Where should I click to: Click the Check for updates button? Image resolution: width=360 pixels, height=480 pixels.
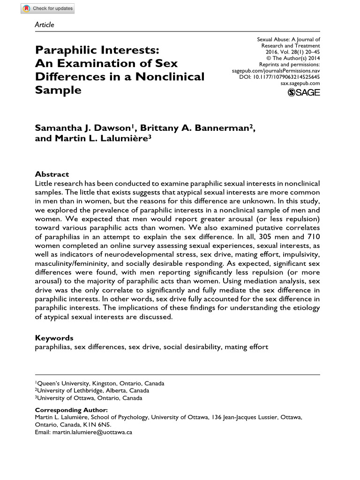coord(48,9)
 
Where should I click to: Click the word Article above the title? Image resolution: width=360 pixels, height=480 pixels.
coord(45,24)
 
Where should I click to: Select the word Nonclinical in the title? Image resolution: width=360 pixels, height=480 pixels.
coord(170,76)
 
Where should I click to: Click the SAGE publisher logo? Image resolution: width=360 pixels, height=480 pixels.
coord(304,92)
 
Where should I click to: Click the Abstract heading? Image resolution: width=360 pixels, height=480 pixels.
coord(52,174)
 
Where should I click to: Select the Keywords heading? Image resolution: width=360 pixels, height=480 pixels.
coord(54,337)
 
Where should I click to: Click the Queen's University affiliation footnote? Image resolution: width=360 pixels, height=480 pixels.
coord(99,383)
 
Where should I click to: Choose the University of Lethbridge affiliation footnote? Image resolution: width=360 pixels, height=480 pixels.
coord(93,390)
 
